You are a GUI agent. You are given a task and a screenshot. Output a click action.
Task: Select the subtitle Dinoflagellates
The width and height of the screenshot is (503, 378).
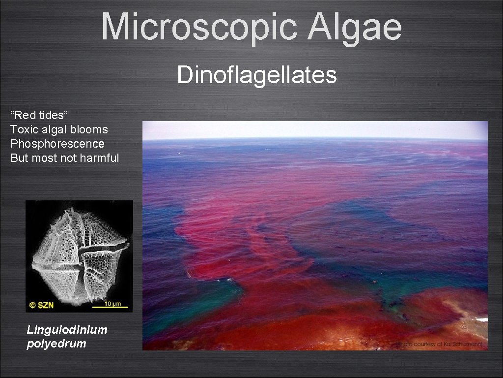tap(257, 75)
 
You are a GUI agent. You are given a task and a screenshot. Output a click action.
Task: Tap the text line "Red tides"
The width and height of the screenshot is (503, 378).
tap(39, 116)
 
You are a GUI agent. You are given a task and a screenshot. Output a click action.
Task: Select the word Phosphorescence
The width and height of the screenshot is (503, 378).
tap(57, 144)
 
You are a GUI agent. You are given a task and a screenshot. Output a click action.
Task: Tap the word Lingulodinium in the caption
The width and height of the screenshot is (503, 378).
tap(67, 330)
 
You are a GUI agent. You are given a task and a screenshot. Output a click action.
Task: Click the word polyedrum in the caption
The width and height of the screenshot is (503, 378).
tap(56, 344)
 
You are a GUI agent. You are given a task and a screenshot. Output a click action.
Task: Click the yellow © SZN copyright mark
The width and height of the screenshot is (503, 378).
tap(42, 305)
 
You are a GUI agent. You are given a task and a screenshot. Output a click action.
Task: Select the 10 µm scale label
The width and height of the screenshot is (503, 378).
tap(112, 303)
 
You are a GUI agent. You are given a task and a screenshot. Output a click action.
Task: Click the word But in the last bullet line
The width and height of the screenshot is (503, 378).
tap(19, 158)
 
